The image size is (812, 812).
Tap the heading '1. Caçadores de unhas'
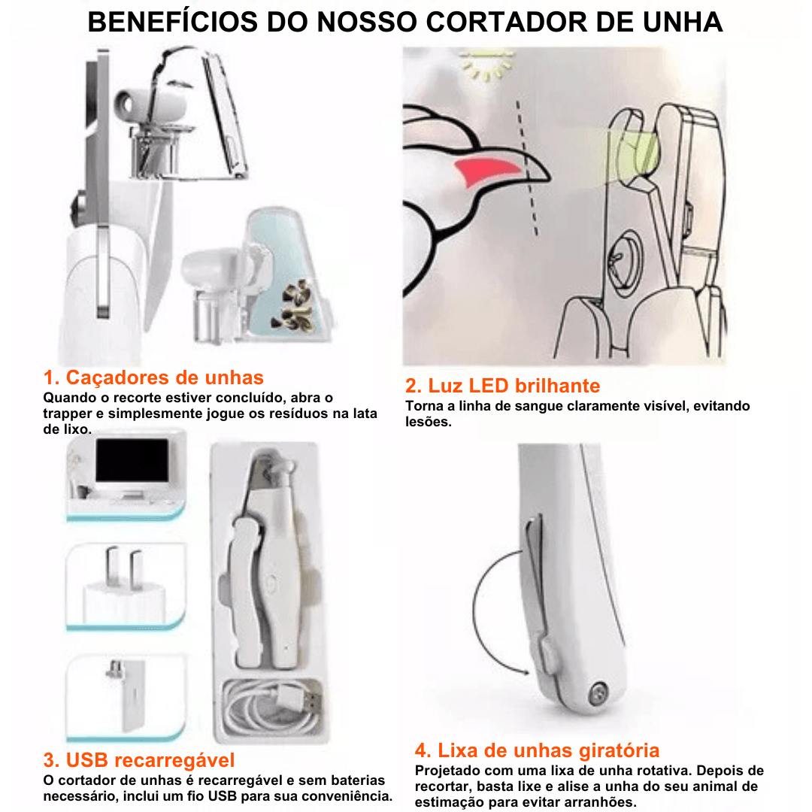click(153, 377)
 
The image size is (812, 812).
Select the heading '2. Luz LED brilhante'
click(502, 386)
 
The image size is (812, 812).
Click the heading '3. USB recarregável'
click(139, 760)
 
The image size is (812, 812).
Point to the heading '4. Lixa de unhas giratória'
click(537, 750)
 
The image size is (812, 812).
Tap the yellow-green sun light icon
click(486, 65)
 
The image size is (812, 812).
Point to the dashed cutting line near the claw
click(526, 168)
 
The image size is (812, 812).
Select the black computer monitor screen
click(132, 460)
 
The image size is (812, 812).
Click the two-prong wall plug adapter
click(124, 584)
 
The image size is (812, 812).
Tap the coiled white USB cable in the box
click(272, 704)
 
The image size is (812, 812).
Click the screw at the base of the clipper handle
click(598, 692)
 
